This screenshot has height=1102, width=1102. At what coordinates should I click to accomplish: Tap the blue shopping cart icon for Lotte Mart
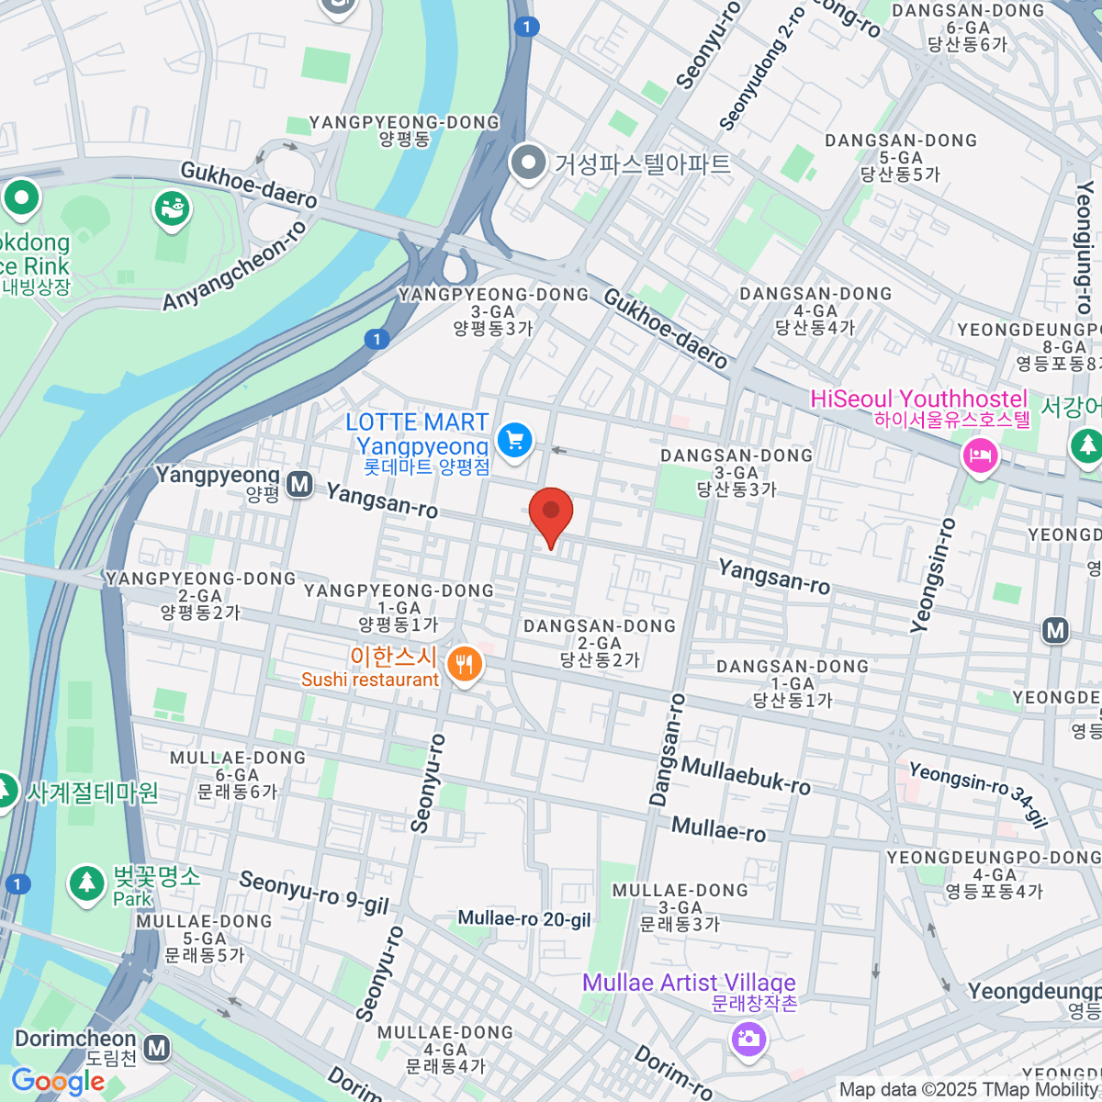[x=515, y=439]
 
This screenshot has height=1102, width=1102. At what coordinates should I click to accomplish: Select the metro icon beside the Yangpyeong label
[x=299, y=484]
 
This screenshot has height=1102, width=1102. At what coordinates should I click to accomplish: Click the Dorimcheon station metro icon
[x=157, y=1047]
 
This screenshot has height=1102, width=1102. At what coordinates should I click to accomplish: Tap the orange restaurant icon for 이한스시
[x=465, y=662]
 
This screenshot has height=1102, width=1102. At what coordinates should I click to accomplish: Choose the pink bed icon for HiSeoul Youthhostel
[x=980, y=454]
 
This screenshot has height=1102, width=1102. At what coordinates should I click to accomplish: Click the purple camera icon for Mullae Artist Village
[x=748, y=1039]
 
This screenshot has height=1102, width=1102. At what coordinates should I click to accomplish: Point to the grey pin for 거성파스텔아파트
[x=528, y=163]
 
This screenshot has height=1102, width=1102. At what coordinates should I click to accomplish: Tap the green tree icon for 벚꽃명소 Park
[x=86, y=883]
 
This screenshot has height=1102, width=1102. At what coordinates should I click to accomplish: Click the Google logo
[x=58, y=1082]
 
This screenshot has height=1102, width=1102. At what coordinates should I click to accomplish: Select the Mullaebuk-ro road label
[x=746, y=776]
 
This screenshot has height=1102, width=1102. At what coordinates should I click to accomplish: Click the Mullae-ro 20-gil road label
[x=524, y=919]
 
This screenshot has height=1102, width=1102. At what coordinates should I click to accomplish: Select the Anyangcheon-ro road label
[x=235, y=266]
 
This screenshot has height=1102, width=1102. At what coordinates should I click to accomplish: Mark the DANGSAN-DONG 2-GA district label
[x=600, y=643]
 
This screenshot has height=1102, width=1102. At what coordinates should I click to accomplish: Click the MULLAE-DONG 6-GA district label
[x=237, y=774]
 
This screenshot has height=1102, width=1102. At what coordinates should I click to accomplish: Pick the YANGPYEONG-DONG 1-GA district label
[x=399, y=607]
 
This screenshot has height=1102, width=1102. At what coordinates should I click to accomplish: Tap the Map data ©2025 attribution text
[x=969, y=1090]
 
